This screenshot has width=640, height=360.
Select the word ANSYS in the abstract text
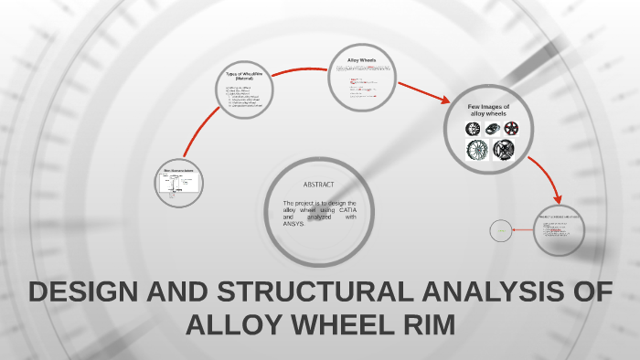293,224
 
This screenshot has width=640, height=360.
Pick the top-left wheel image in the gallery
474,129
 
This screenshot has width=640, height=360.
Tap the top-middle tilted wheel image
493,129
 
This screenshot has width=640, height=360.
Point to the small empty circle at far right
500,231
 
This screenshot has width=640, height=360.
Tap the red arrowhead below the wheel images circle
556,197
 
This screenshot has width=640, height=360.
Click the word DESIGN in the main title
80,293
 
